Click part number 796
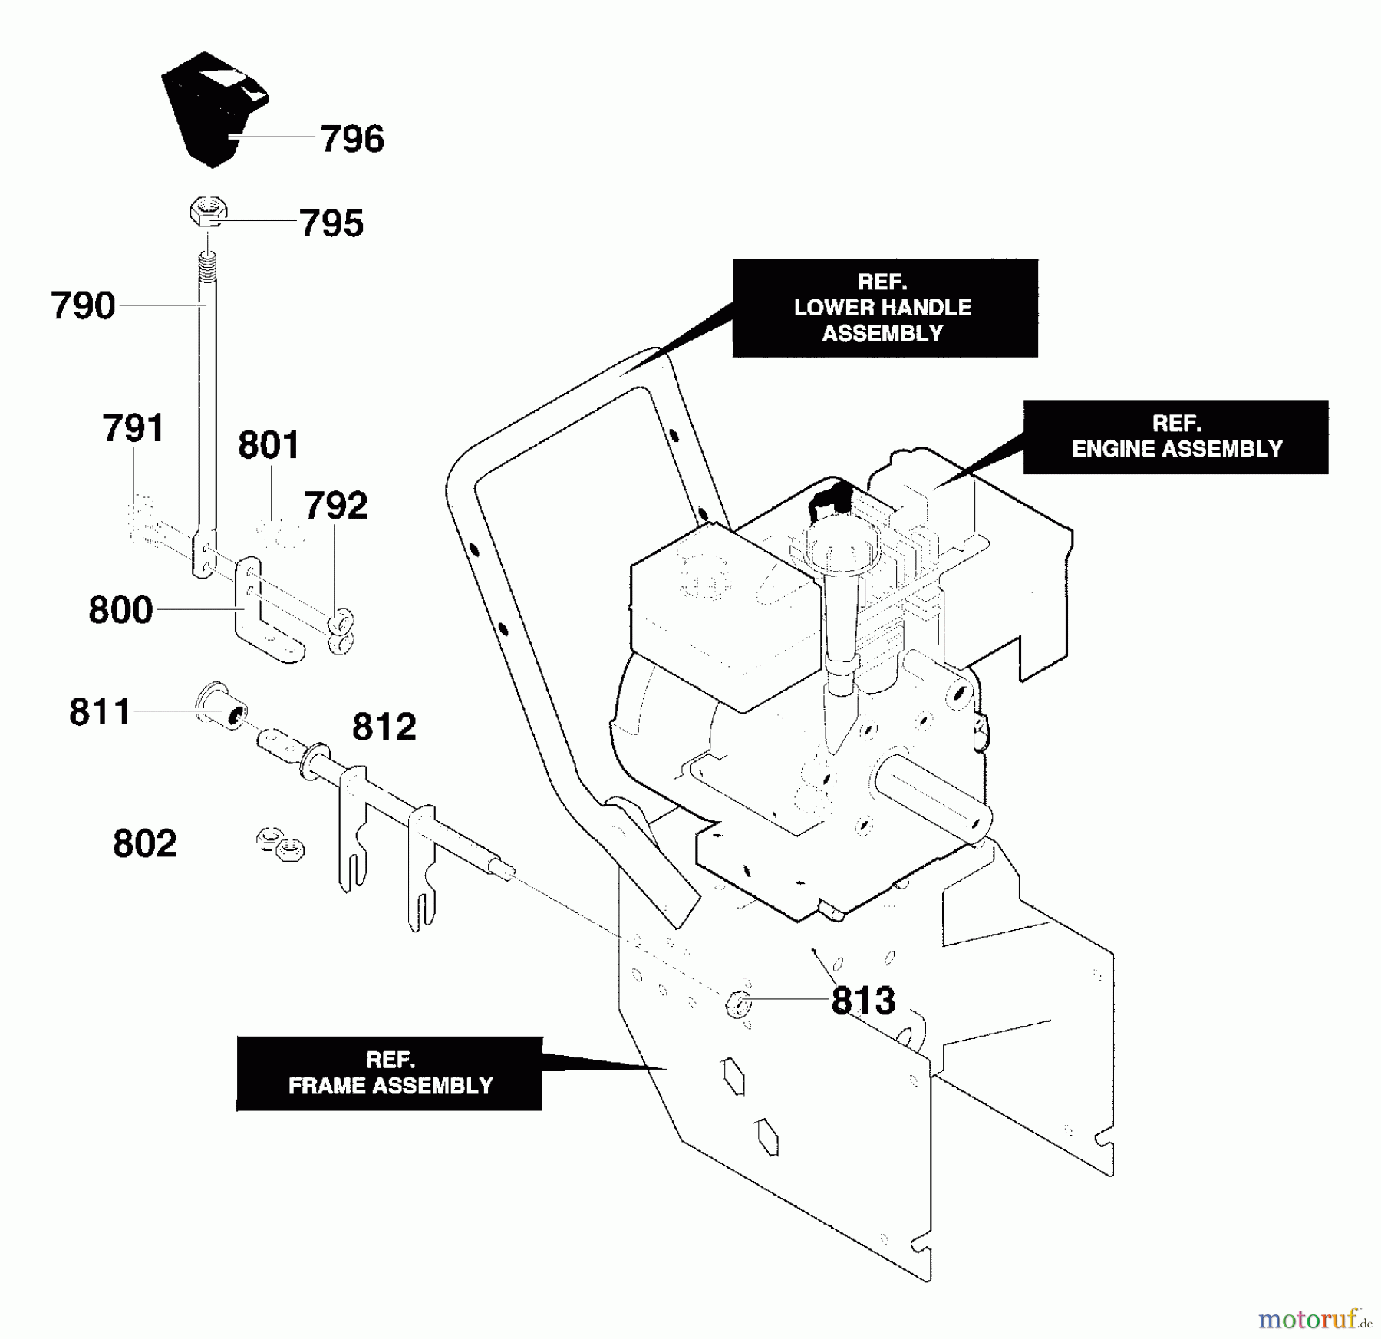coord(352,140)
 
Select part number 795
coord(331,223)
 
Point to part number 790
coord(83,305)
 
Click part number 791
coord(133,428)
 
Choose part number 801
coord(269,445)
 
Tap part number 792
coord(336,506)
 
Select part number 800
coord(120,610)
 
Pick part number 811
coord(100,712)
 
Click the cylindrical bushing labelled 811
coord(222,704)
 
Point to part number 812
coord(384,727)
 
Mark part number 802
coord(145,844)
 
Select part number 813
coord(863,1001)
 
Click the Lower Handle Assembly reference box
coord(885,308)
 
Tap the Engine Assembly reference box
coord(1175,437)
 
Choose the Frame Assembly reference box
coord(389,1074)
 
